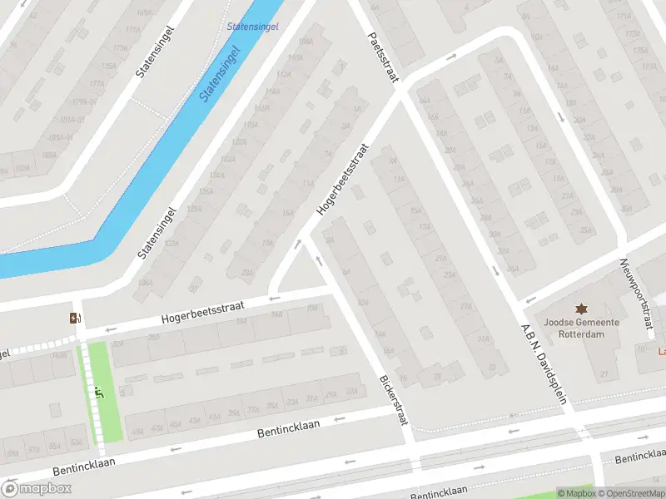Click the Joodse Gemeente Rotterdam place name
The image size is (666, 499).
pos(581,329)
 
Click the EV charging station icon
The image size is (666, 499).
pos(75,317)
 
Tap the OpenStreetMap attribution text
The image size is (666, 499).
pos(632,493)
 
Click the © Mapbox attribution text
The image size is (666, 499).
pos(577,493)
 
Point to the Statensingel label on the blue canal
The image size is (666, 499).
pos(220,72)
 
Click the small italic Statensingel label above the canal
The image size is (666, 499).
pos(253,27)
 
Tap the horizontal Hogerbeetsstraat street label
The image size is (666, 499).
pos(202,312)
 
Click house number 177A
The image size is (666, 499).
pos(97,83)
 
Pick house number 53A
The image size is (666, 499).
pos(77,442)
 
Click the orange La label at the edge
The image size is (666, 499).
pos(661,351)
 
